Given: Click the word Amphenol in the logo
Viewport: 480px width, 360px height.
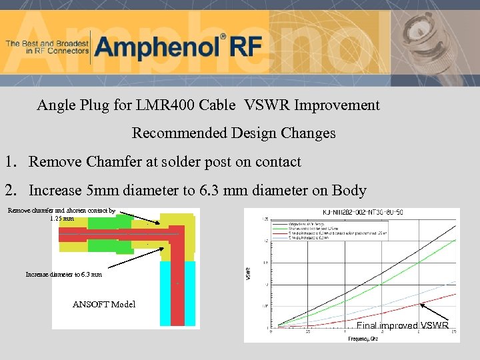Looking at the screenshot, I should pos(157,47).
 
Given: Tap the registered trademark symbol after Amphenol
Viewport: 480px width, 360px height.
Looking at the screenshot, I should pos(223,37).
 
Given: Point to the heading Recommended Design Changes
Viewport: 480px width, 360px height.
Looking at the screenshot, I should pos(233,133).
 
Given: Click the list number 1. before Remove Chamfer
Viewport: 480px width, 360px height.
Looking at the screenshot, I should pos(11,162).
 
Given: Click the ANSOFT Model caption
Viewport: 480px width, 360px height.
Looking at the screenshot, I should pos(103,305).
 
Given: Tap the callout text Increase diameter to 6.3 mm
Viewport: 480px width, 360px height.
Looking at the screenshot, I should pos(64,274).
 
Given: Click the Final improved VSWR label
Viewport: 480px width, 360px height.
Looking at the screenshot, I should pos(402,326).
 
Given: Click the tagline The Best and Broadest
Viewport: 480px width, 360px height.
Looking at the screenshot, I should pos(47,47).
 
